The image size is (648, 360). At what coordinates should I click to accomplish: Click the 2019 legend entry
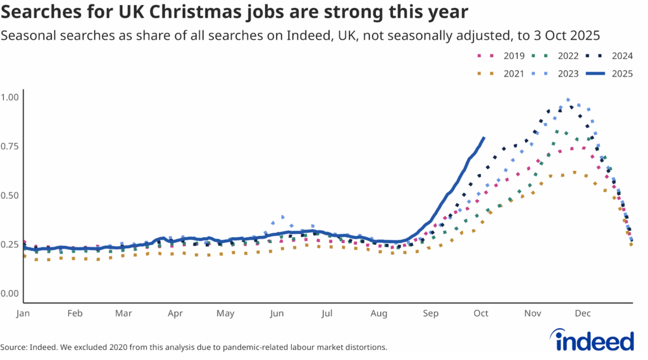[503, 56]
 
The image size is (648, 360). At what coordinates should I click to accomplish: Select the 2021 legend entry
[503, 74]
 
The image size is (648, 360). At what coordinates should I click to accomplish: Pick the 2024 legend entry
[611, 56]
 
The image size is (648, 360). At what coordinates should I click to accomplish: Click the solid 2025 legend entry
[611, 74]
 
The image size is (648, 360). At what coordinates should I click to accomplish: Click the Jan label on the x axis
[23, 313]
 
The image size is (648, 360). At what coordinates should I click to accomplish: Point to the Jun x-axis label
[277, 313]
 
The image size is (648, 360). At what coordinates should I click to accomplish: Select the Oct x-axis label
[481, 313]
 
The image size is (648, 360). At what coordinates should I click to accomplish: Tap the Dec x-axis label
[583, 313]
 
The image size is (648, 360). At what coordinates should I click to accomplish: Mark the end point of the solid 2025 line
[484, 137]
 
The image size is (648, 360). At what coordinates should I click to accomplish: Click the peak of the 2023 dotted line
[568, 99]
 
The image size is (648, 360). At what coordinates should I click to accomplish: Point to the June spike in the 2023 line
[282, 216]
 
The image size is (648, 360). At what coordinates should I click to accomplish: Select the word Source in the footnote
[15, 347]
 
